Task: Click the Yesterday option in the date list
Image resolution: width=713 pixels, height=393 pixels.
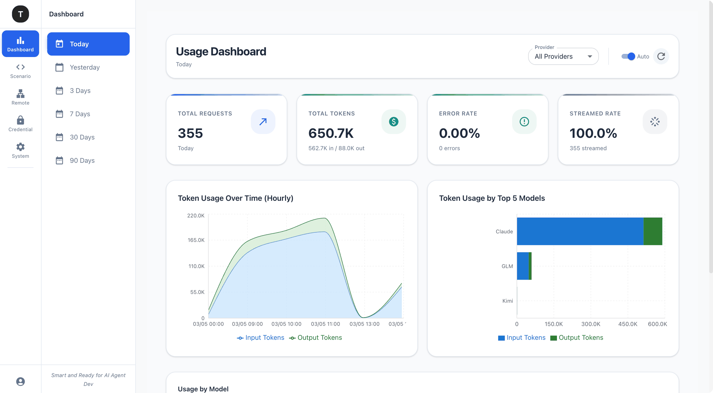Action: coord(85,67)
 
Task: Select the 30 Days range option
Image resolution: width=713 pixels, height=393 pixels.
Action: coord(82,137)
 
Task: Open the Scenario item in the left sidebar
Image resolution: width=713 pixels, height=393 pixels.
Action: coord(20,71)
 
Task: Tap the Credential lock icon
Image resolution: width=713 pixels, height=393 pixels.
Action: coord(20,120)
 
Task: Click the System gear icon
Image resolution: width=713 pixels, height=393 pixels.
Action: coord(20,147)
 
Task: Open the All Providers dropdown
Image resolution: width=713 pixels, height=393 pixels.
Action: coord(563,56)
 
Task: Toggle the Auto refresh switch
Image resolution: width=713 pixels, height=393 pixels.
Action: coord(628,56)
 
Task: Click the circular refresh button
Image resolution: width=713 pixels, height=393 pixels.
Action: coord(661,56)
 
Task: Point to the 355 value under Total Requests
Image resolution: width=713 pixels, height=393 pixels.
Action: coord(190,133)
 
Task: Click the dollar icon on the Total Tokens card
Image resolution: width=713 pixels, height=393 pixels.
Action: coord(394,121)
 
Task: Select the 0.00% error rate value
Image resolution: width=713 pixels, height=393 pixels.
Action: coord(459,133)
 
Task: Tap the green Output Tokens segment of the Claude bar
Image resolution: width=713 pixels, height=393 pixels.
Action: coord(653,231)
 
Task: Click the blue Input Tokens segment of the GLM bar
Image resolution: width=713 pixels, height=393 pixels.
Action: coord(522,266)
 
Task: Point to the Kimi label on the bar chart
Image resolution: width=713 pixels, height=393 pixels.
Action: coord(507,301)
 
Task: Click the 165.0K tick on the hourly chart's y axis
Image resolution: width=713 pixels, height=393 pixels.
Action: coord(196,240)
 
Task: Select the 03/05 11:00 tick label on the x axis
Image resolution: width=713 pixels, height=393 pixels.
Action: coord(325,324)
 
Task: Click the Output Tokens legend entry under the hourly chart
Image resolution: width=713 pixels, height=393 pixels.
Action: coord(316,338)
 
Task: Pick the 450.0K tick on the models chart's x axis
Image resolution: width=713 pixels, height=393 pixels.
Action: coord(627,324)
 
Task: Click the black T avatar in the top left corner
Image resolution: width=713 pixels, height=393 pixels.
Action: coord(20,14)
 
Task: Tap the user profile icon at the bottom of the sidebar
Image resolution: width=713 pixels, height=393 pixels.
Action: coord(20,381)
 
